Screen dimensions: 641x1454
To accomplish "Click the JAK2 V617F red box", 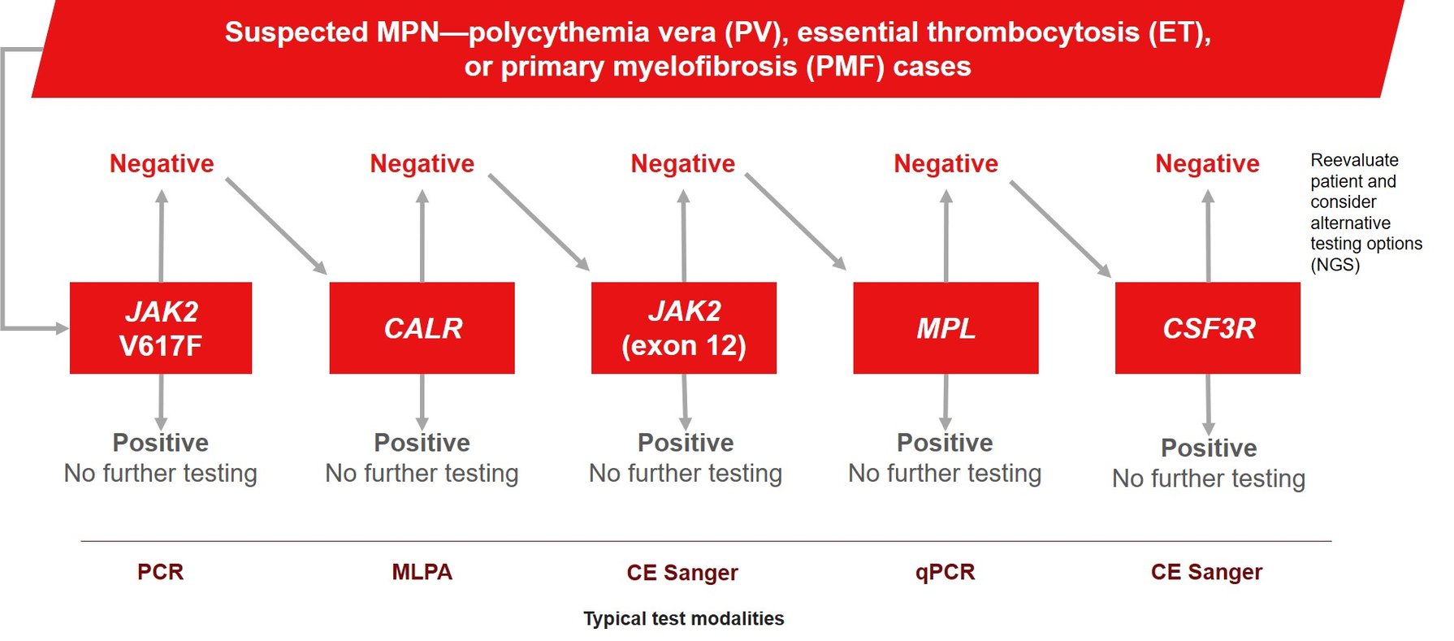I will tap(161, 328).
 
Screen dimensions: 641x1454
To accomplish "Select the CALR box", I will tap(422, 328).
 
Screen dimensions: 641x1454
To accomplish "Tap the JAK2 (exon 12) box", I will tap(683, 328).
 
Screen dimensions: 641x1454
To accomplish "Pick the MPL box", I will tap(946, 328).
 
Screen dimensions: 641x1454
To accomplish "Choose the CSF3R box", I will tap(1207, 328).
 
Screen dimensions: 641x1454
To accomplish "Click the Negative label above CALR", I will tap(422, 163).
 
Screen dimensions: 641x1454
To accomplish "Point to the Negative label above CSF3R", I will tap(1207, 163).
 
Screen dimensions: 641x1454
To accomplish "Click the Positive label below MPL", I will tap(945, 443).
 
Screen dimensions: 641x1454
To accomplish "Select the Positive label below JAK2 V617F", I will tap(161, 443).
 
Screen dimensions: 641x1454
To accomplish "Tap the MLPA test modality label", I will tap(422, 572).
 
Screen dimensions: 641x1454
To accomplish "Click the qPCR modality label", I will tap(945, 572).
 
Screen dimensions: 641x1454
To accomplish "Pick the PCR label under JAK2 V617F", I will tap(161, 572).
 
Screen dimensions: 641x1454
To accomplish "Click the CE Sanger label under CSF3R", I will tap(1206, 572).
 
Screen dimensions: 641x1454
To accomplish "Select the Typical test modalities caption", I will tap(683, 618).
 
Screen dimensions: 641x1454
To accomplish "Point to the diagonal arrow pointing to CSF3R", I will tap(1060, 228).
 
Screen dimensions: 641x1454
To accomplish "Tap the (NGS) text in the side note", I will tap(1335, 265).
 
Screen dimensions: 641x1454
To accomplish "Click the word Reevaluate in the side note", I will tap(1354, 160).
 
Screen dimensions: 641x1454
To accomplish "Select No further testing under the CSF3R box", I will tap(1208, 479).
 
